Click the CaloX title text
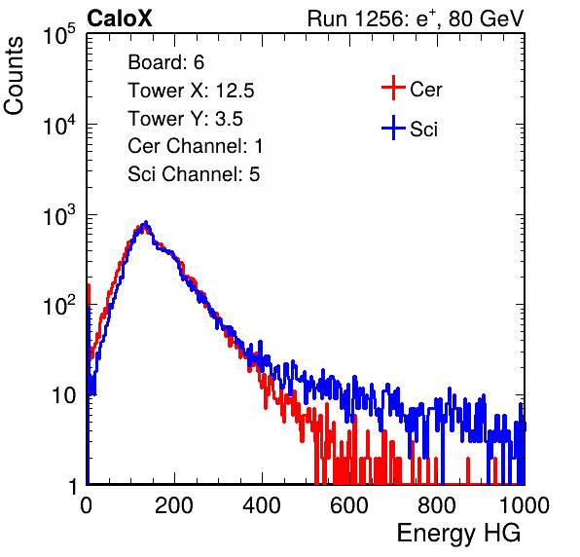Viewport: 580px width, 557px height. [x=120, y=19]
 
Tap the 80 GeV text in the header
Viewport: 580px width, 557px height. [x=486, y=19]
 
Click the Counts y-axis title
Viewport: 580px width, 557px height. [x=14, y=76]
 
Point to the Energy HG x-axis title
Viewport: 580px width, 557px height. [x=458, y=533]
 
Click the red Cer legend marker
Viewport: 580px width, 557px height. [x=393, y=88]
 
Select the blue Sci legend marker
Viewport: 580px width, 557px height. [x=393, y=129]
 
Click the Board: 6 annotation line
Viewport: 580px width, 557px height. [x=165, y=62]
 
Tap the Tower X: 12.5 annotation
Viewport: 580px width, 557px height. [x=191, y=91]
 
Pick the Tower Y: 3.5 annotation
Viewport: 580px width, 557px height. [x=185, y=119]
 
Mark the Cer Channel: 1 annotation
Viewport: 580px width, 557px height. [x=196, y=146]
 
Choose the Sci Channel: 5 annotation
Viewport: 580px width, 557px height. [x=194, y=174]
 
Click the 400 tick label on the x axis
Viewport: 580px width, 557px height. [x=262, y=505]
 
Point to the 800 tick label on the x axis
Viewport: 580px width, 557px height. [x=437, y=505]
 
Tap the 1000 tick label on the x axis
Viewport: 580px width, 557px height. [x=525, y=505]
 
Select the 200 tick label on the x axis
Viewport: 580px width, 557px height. [x=174, y=505]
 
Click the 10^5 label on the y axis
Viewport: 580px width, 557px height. [x=58, y=34]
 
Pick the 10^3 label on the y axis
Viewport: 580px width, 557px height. [x=58, y=216]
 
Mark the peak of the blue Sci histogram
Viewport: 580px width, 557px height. [x=146, y=223]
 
